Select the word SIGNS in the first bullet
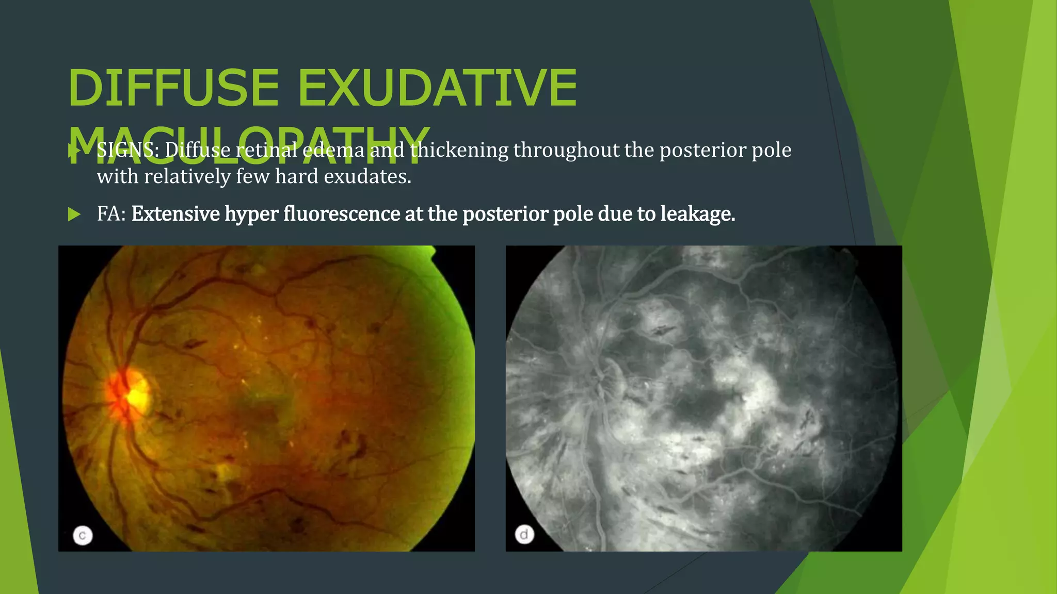(x=128, y=150)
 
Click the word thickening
(x=459, y=150)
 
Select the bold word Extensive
(x=175, y=214)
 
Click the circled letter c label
(x=83, y=535)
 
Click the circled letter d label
(x=524, y=534)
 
